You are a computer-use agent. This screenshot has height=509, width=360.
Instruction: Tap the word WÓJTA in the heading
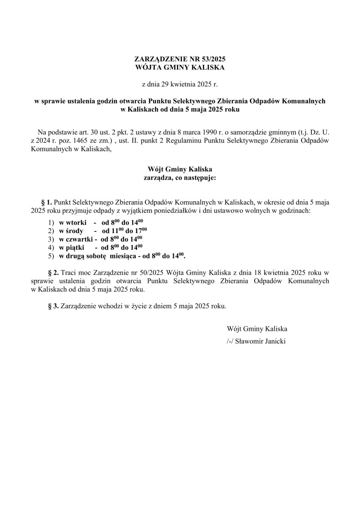pos(149,68)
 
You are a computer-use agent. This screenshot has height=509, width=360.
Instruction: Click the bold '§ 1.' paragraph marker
pos(47,202)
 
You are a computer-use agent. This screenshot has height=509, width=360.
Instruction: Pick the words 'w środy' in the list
pos(71,230)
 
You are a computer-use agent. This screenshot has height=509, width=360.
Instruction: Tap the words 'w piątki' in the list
pos(72,247)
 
